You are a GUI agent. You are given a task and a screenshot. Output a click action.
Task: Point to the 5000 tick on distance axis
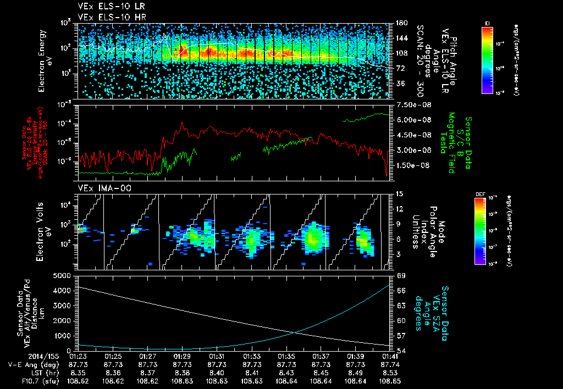[62, 275]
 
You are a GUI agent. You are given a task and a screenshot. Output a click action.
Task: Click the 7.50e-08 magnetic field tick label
[407, 105]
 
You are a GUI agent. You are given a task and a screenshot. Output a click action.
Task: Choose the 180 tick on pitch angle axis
[396, 23]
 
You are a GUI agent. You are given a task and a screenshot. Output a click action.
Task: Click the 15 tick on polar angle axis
[396, 193]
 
